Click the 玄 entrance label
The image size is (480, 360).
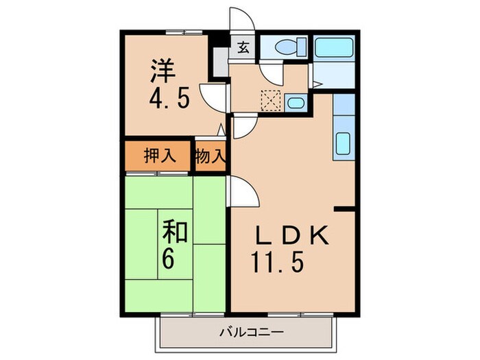pos(243,48)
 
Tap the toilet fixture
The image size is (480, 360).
pos(283,48)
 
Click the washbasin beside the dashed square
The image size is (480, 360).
pos(295,103)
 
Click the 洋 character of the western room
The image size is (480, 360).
pos(163,70)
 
